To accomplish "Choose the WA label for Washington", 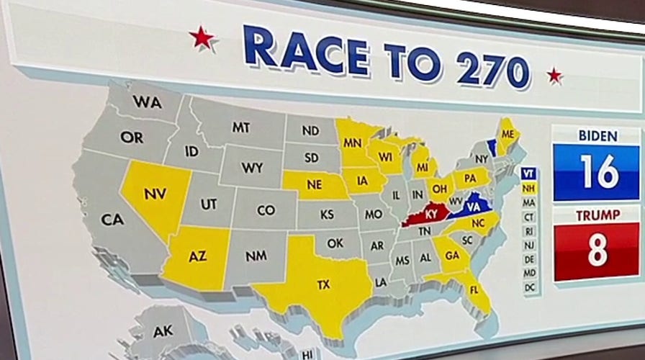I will pos(147,103).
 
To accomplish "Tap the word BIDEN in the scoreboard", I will pos(597,136).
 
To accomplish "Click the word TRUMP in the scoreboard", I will pos(597,215).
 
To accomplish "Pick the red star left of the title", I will pos(202,37).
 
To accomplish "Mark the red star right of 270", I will pos(554,75).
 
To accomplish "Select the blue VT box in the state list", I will pos(529,174).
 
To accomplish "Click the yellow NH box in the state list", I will pos(529,188).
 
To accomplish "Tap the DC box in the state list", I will pos(529,288).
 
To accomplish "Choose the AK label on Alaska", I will pos(163,332).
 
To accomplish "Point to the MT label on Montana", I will pos(240,127).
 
